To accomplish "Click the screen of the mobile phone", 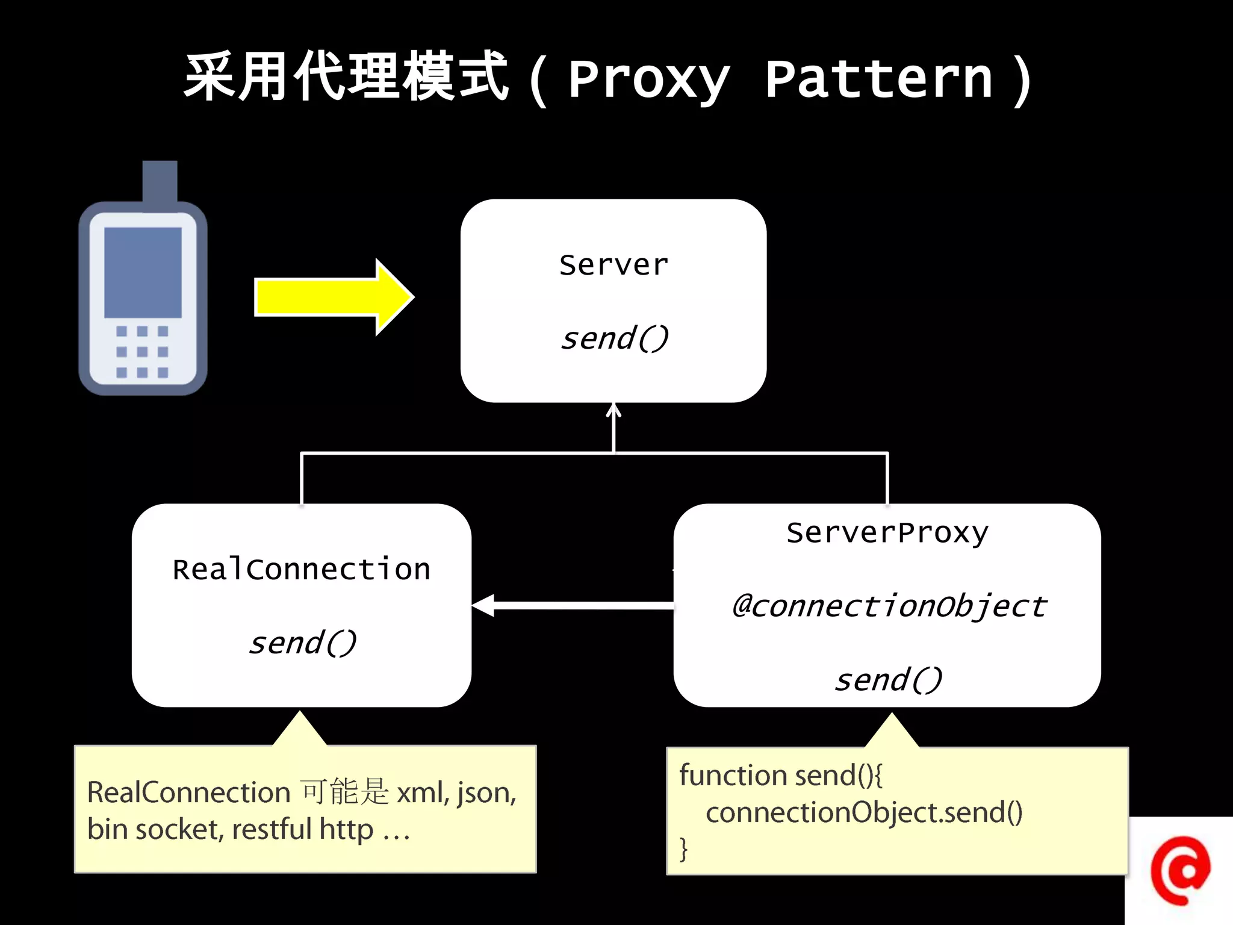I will click(143, 272).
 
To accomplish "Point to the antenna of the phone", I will click(160, 180).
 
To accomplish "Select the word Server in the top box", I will click(613, 265).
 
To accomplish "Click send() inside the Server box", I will click(613, 338).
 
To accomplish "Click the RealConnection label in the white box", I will click(301, 569).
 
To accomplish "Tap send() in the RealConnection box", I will click(302, 643).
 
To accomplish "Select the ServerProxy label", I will click(887, 532).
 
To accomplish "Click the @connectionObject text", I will click(889, 605).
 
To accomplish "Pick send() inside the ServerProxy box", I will click(887, 680).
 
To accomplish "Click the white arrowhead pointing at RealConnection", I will click(484, 605).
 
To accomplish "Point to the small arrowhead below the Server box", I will click(613, 411).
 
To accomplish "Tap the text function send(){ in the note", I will click(780, 775).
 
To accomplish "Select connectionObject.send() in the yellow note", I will click(863, 812).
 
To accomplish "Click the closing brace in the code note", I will click(683, 849).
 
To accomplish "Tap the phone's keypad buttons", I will click(142, 352).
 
